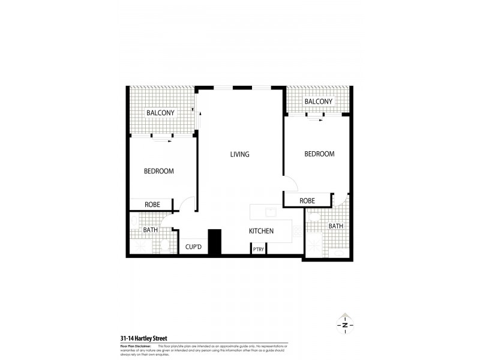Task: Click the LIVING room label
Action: coord(239,154)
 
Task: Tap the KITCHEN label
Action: coord(262,231)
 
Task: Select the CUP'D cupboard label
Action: coord(193,247)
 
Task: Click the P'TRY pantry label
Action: coord(259,249)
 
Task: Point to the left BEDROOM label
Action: coord(159,171)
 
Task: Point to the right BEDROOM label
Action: coord(319,154)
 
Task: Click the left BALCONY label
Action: coord(160,113)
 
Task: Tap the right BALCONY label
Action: coord(318,101)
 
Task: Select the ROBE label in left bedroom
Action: coord(152,205)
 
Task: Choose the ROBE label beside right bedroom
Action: coord(307,200)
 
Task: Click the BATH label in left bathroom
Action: coord(150,230)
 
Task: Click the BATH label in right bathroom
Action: coord(335,226)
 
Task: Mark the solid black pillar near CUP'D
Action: coord(215,242)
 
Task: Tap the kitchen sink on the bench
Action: coord(271,212)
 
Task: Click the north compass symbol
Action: coord(345,325)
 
